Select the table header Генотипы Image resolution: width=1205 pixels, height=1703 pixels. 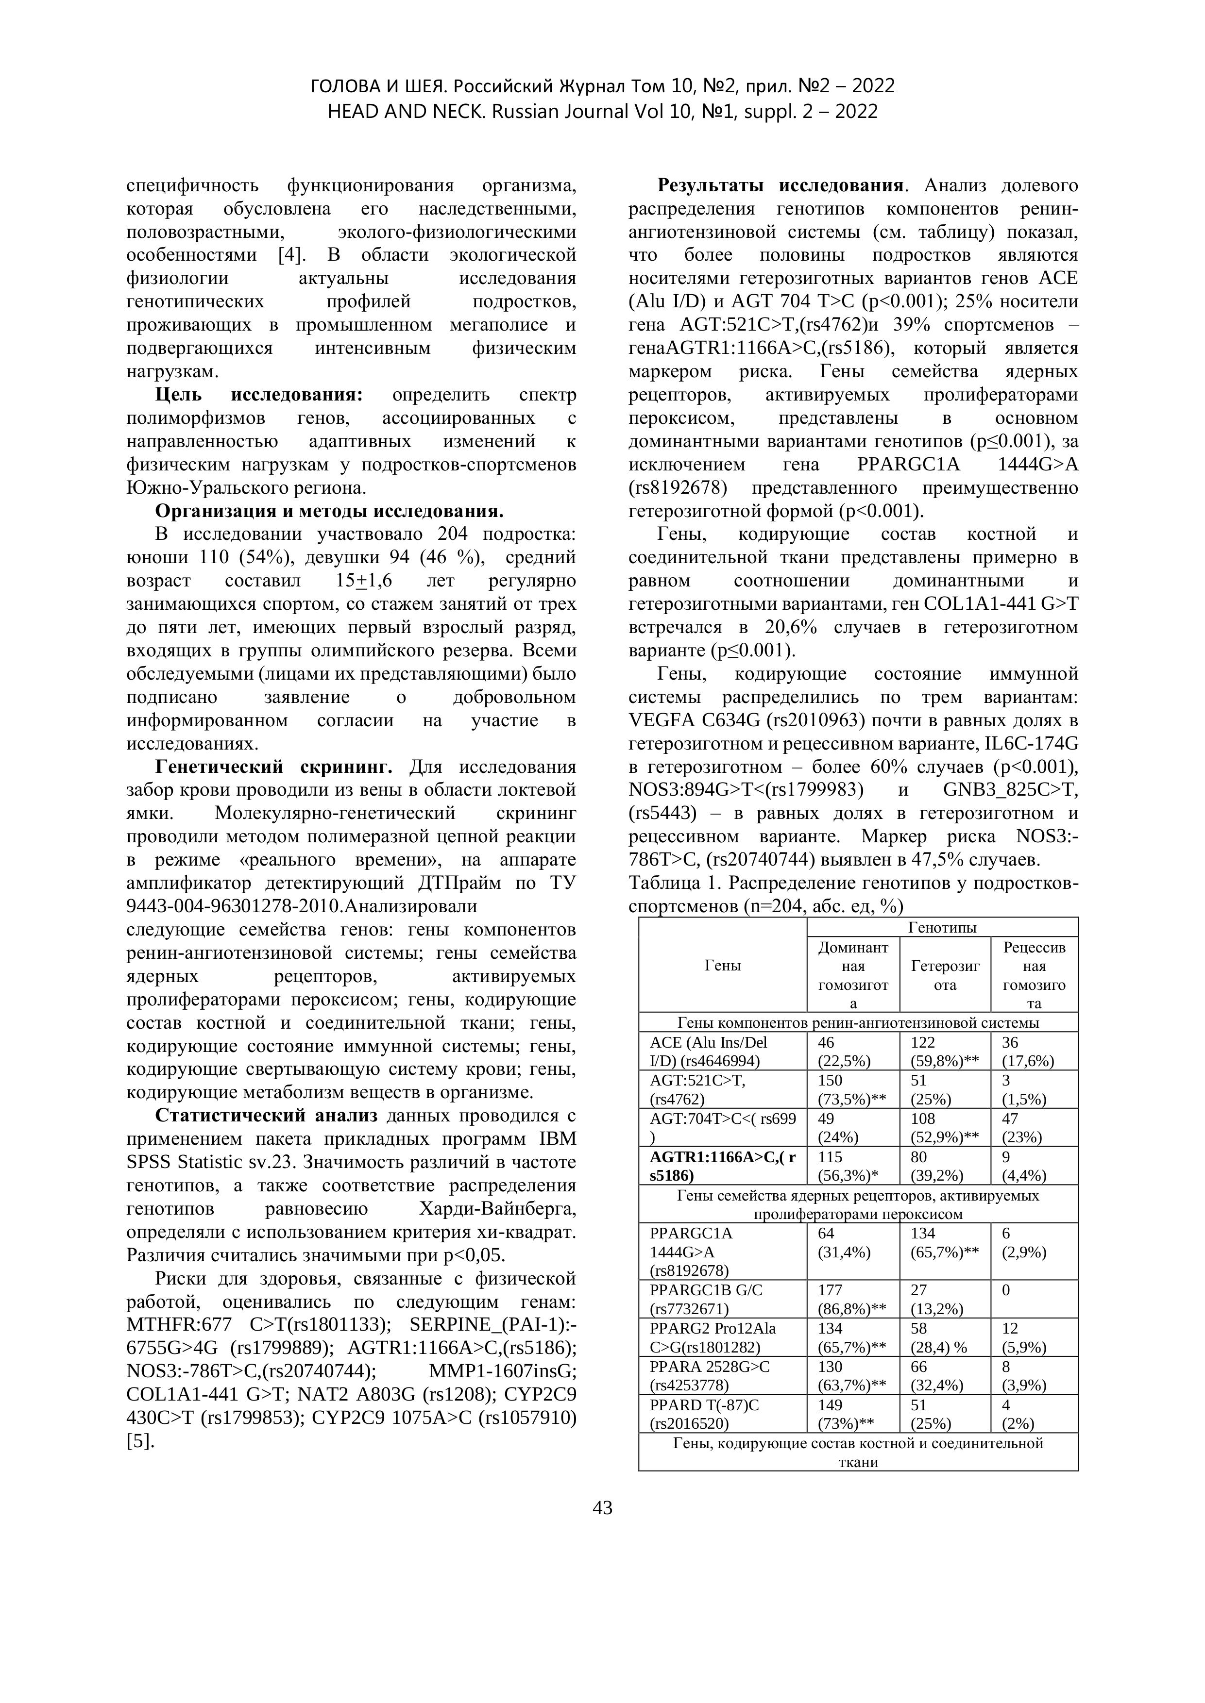tap(942, 927)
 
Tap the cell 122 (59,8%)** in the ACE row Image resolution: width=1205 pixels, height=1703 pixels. tap(945, 1051)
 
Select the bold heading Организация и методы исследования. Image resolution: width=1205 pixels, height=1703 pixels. tap(329, 511)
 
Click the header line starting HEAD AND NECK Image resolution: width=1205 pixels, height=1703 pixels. tap(602, 111)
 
